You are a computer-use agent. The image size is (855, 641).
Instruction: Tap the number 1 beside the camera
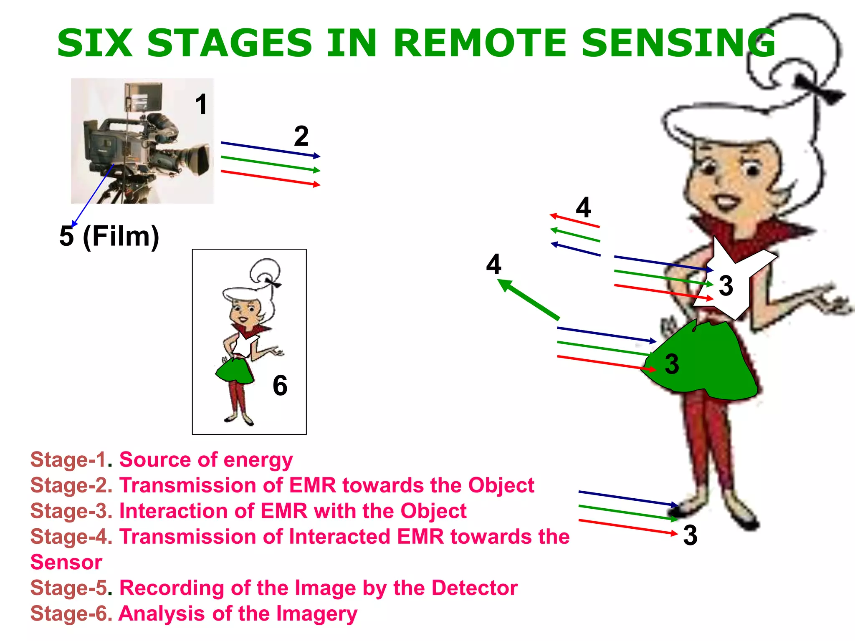point(201,104)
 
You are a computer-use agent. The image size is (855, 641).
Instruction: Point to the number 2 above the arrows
point(301,136)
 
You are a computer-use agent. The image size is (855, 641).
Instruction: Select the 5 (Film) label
point(109,236)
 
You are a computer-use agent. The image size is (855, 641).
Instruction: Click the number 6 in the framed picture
point(280,385)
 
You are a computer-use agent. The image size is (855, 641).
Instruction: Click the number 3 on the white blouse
point(726,286)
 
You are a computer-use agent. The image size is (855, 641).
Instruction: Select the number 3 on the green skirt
point(671,364)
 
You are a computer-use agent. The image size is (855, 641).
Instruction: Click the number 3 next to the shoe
point(690,535)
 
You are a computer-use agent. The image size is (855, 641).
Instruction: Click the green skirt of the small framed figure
point(235,371)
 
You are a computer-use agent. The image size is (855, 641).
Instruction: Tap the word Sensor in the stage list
point(66,562)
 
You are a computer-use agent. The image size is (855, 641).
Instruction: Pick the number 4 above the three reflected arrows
point(583,207)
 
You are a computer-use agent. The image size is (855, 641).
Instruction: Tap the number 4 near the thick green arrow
point(493,264)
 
